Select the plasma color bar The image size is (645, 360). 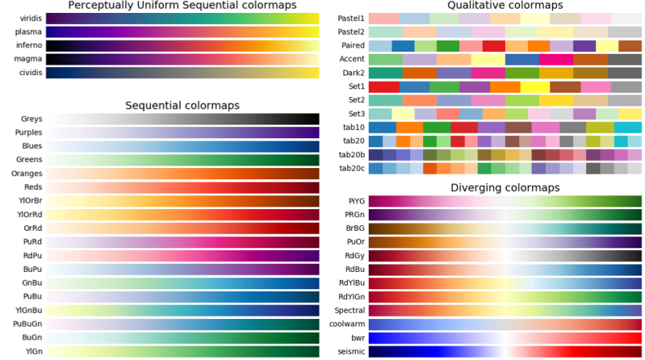click(x=182, y=32)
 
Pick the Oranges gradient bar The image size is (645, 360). click(x=182, y=174)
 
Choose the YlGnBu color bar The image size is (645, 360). click(x=182, y=309)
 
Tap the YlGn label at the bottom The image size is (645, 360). click(x=32, y=350)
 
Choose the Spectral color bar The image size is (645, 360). click(x=505, y=310)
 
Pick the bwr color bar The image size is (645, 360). click(x=505, y=337)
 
